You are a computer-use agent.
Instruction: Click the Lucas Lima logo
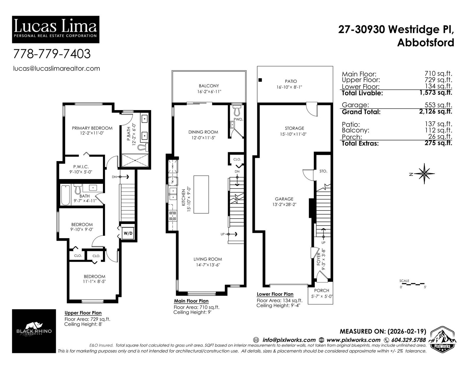pyautogui.click(x=55, y=29)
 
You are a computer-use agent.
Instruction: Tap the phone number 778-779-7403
pyautogui.click(x=52, y=54)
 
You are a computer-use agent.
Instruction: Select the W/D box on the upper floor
pyautogui.click(x=128, y=233)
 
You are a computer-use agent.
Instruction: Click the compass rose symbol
pyautogui.click(x=424, y=174)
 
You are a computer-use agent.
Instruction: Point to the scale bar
pyautogui.click(x=412, y=284)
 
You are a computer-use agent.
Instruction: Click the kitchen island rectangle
pyautogui.click(x=201, y=194)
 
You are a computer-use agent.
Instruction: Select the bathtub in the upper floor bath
pyautogui.click(x=65, y=195)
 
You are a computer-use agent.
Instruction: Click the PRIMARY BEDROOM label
pyautogui.click(x=92, y=128)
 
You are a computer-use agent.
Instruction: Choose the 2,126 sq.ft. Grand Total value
pyautogui.click(x=435, y=112)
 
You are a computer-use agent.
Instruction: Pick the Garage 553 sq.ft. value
pyautogui.click(x=438, y=105)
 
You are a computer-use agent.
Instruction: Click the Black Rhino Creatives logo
pyautogui.click(x=34, y=331)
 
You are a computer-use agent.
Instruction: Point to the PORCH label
pyautogui.click(x=322, y=290)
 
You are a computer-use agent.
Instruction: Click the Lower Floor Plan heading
pyautogui.click(x=275, y=294)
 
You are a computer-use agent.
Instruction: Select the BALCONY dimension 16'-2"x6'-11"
pyautogui.click(x=209, y=92)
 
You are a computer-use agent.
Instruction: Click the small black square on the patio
pyautogui.click(x=260, y=80)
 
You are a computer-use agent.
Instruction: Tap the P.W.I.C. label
pyautogui.click(x=81, y=167)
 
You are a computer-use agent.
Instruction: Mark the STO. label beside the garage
pyautogui.click(x=323, y=171)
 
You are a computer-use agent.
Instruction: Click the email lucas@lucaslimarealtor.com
pyautogui.click(x=56, y=68)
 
